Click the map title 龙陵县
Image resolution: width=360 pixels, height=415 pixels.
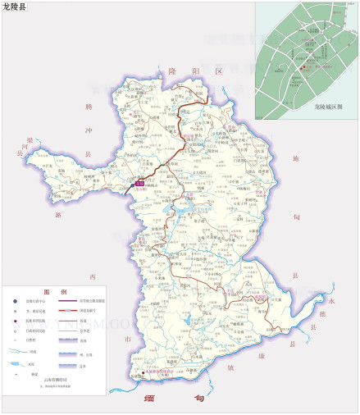tap(14, 7)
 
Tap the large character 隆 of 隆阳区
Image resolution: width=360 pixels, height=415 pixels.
tap(173, 72)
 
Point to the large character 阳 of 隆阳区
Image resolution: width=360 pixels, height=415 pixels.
tap(195, 72)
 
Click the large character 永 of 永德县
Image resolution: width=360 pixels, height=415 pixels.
tap(330, 286)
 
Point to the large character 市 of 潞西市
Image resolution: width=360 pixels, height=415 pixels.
tap(127, 338)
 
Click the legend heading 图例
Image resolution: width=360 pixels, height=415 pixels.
tap(55, 292)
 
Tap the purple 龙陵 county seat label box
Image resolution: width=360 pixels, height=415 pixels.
tap(140, 184)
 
